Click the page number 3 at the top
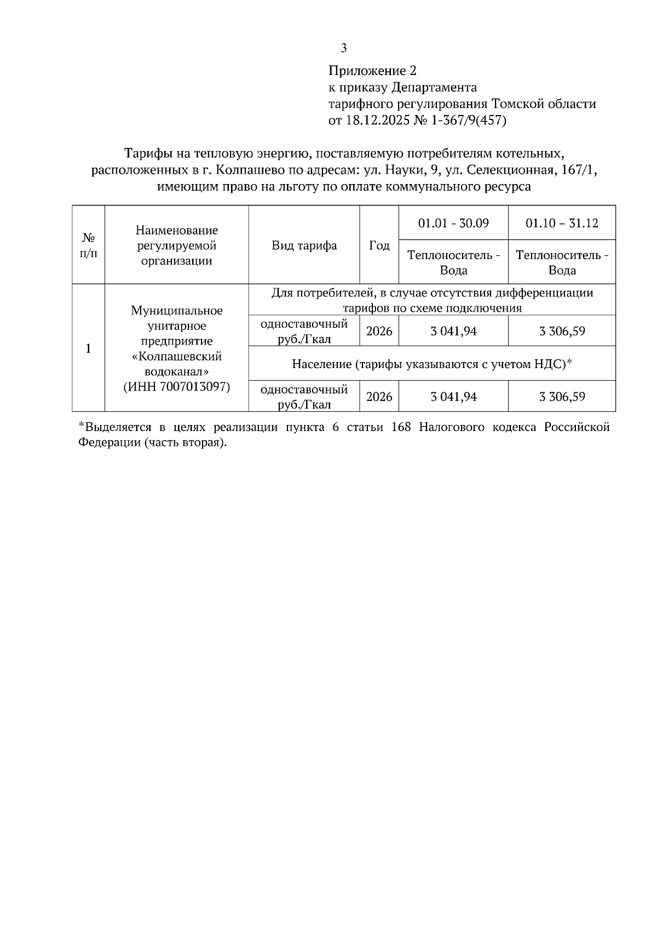click(x=343, y=49)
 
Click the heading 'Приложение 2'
click(x=372, y=71)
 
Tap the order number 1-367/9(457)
click(x=469, y=120)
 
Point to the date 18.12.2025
click(x=377, y=120)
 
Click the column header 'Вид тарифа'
click(x=304, y=245)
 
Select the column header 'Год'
click(x=379, y=245)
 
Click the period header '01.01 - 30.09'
click(x=453, y=223)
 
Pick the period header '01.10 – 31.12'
click(x=562, y=223)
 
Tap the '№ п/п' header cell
click(x=88, y=245)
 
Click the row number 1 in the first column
click(x=88, y=348)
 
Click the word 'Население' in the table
click(x=321, y=364)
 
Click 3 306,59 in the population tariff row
click(x=562, y=397)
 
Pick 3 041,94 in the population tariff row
click(x=453, y=397)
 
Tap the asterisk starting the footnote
click(x=81, y=426)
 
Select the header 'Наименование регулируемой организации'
click(x=176, y=245)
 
